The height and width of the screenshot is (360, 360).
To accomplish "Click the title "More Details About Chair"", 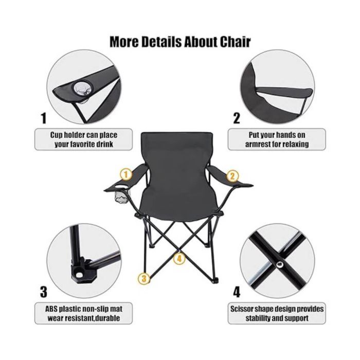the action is click(180, 42).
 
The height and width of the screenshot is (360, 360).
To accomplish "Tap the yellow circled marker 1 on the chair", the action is click(126, 175).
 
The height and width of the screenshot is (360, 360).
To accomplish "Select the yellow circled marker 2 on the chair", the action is click(232, 176).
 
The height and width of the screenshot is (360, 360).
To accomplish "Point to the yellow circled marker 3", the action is click(144, 279).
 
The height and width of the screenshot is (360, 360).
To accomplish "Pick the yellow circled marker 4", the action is click(179, 259).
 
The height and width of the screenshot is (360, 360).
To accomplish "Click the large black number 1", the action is click(44, 118).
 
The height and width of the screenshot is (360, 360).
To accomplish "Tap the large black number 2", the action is click(237, 118).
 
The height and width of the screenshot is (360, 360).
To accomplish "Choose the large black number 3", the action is click(43, 292).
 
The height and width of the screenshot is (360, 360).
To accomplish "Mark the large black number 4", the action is click(237, 292).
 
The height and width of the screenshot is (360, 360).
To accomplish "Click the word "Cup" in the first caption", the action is click(57, 135).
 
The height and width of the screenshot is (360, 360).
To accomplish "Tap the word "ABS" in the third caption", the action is click(51, 309).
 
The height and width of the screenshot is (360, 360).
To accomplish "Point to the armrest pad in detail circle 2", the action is click(284, 92).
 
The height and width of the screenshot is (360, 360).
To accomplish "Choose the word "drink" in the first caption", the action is click(104, 145).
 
